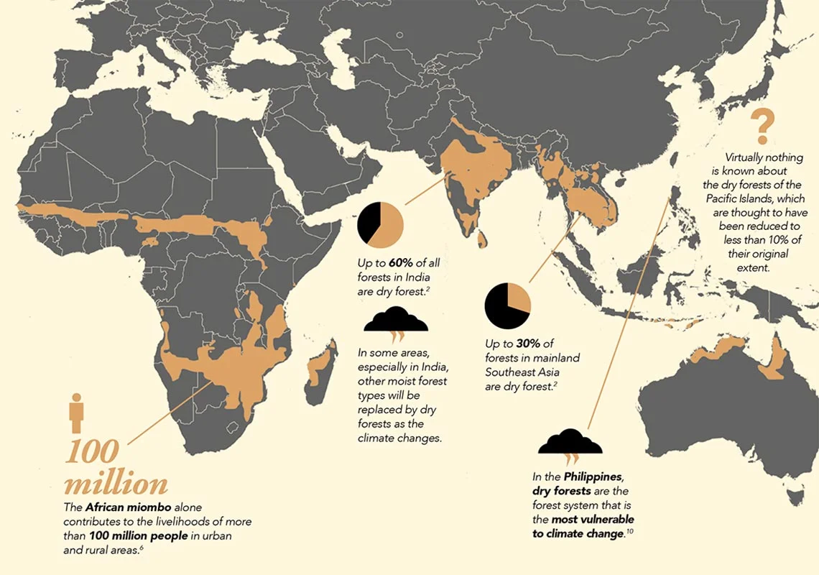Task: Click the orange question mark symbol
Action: tap(762, 126)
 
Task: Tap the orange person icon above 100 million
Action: tap(77, 413)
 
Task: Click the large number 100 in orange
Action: tap(92, 451)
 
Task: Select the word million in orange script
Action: tap(116, 482)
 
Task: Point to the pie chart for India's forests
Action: tap(381, 224)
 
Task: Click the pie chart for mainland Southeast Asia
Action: tap(508, 305)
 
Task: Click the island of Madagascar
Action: tap(320, 371)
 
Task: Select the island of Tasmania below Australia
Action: tap(793, 496)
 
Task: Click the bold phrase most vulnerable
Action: tap(593, 519)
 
